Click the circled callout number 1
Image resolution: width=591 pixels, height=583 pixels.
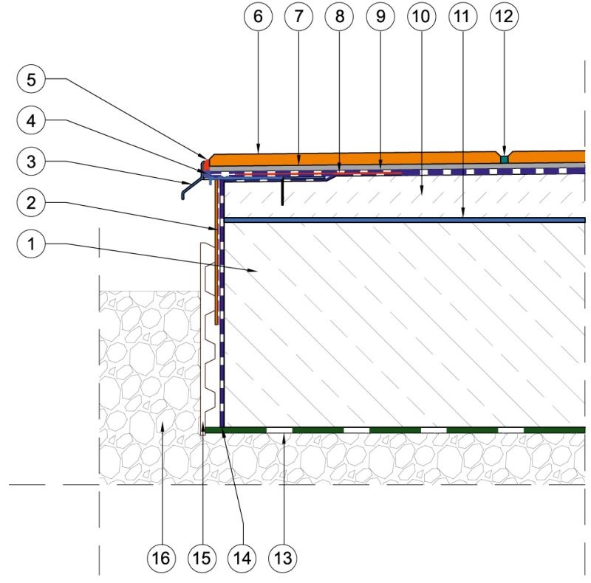click(31, 244)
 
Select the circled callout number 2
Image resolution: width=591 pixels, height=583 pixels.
click(31, 203)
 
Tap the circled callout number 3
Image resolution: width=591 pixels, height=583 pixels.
click(31, 161)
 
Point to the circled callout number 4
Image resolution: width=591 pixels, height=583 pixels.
click(31, 120)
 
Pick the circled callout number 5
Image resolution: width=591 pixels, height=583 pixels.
click(31, 79)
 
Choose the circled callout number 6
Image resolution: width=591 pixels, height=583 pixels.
click(258, 16)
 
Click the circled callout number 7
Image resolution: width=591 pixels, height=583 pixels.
click(299, 16)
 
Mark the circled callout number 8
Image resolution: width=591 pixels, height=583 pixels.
click(340, 16)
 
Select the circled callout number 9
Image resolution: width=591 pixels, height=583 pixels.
click(380, 16)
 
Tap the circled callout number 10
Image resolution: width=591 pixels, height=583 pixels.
click(421, 16)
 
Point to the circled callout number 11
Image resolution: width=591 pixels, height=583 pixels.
click(463, 16)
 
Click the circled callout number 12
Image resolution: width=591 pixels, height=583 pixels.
click(505, 16)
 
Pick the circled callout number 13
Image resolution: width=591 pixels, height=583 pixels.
click(283, 558)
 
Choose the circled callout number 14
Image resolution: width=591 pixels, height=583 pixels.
click(242, 558)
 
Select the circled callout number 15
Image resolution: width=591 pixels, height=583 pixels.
click(202, 558)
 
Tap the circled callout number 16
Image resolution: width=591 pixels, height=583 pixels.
click(161, 558)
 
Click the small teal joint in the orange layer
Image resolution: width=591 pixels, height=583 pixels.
click(505, 159)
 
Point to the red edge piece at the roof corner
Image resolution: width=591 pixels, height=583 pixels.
click(205, 164)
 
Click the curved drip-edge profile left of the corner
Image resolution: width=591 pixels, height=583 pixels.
click(191, 187)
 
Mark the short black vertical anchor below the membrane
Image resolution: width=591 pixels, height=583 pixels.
click(282, 192)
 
